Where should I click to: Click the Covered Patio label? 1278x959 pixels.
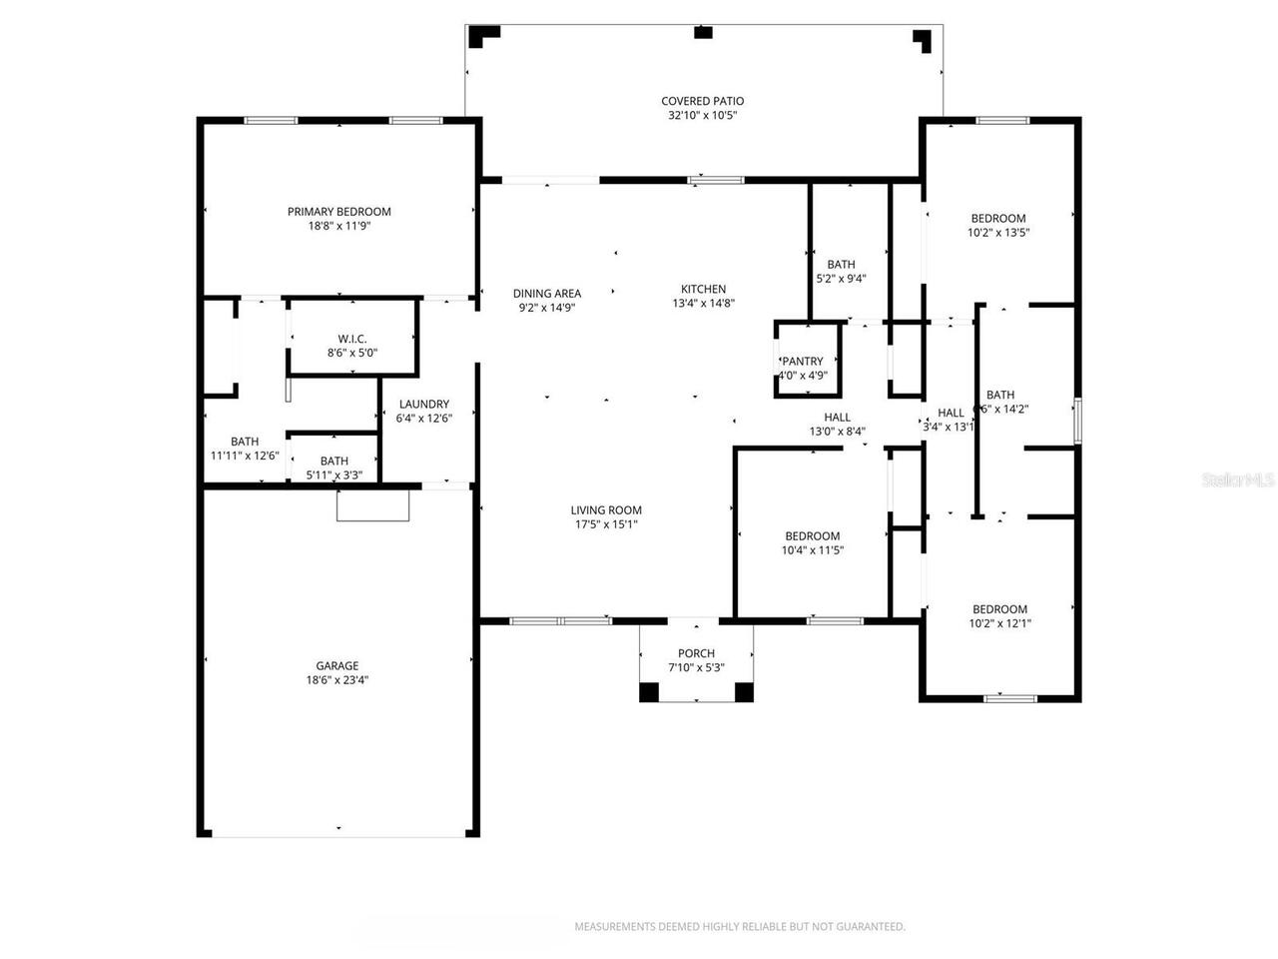[x=702, y=101]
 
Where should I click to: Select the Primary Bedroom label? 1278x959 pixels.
[x=339, y=212]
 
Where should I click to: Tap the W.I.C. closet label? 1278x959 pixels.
[x=352, y=339]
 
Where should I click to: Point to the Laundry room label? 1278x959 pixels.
[x=424, y=405]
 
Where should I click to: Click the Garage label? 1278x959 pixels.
[x=337, y=666]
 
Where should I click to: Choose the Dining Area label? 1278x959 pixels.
[x=547, y=294]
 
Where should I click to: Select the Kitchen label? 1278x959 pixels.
[x=704, y=290]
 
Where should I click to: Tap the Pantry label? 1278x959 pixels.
[x=803, y=362]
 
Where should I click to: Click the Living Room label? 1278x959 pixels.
[x=607, y=510]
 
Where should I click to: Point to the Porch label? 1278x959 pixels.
[x=696, y=653]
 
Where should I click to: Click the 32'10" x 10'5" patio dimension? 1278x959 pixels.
[x=702, y=116]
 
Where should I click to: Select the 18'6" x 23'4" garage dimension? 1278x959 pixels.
[x=337, y=680]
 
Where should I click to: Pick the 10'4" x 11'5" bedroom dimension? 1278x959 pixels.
[x=812, y=550]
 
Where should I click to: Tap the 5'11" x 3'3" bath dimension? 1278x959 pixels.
[x=334, y=475]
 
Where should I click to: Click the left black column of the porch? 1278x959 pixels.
[x=649, y=691]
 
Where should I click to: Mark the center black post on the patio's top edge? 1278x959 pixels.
[x=704, y=33]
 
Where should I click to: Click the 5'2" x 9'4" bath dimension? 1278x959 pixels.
[x=841, y=279]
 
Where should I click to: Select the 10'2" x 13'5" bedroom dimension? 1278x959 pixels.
[x=998, y=233]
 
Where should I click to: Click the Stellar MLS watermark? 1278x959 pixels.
[x=1238, y=480]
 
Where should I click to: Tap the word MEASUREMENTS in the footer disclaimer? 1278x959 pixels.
[x=614, y=927]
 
